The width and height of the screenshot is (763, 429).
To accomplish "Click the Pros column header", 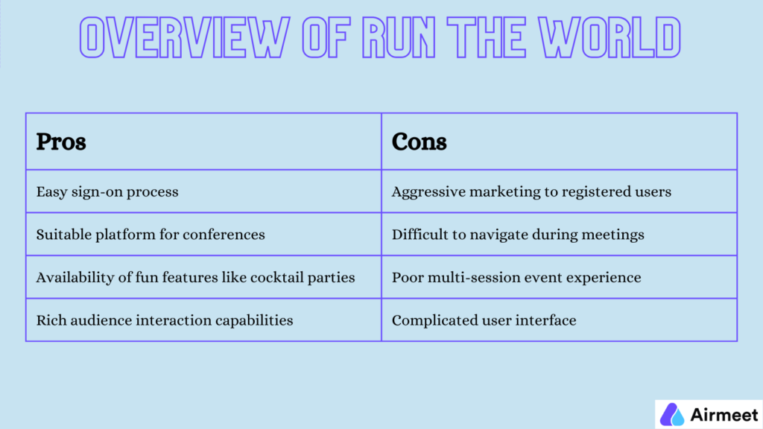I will tap(61, 142).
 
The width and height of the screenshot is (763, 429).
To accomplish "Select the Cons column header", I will tap(420, 142).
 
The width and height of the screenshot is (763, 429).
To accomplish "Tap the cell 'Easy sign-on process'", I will tap(107, 191).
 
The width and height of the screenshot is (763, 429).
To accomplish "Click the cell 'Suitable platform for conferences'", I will tap(151, 235).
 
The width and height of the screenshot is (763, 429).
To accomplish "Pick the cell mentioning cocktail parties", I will tap(195, 278).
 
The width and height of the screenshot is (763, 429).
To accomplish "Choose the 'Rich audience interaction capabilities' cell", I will tap(165, 321).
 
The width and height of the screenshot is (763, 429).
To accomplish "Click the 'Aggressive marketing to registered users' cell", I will tap(531, 191).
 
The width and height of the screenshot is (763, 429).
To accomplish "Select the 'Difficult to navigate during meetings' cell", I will tap(518, 235).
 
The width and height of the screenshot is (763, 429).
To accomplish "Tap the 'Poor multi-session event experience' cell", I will tap(516, 278).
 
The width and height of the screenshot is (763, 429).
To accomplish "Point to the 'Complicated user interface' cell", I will tap(484, 321).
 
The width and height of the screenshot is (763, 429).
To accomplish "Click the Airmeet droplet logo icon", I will tap(672, 414).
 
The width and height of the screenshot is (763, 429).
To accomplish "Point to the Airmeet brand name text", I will tap(723, 414).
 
